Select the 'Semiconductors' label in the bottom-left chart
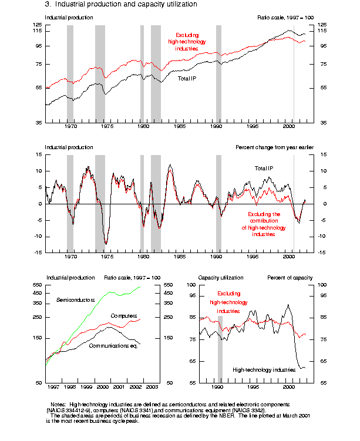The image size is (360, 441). coord(75,300)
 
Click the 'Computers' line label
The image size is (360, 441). coord(123,316)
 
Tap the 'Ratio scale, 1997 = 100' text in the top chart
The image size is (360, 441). coord(285,18)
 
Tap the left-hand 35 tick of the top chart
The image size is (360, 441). coord(38,122)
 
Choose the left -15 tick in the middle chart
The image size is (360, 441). coord(38,253)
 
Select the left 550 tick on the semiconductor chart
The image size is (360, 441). coord(38,285)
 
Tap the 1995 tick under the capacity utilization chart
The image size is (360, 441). coord(253,388)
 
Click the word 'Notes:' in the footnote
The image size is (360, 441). coord(59,405)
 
